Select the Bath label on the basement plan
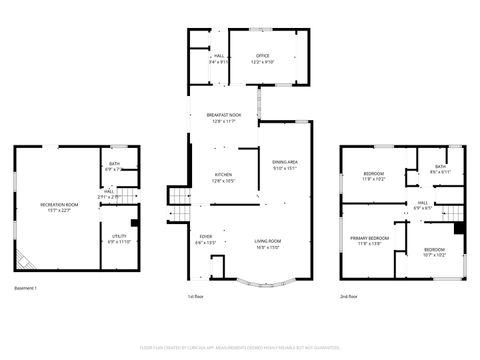(x=113, y=166)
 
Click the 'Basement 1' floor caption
(x=26, y=289)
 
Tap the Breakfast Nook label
(x=223, y=117)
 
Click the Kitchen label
(x=223, y=177)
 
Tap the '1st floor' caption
(x=196, y=297)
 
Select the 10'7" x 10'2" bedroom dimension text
(x=434, y=255)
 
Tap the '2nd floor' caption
(x=349, y=297)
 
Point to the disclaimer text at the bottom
(x=240, y=345)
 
